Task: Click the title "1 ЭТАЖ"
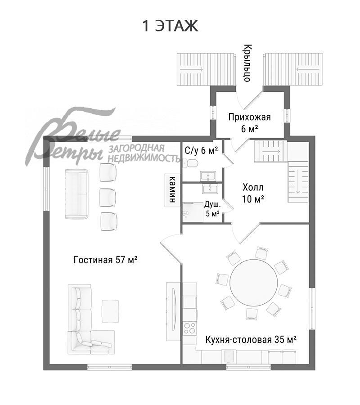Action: coord(171,26)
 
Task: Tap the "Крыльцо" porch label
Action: coord(247,63)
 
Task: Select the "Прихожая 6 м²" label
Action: coord(249,123)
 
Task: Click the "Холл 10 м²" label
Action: coord(253,193)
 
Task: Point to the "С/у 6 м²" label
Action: coord(201,150)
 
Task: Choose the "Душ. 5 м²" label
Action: coord(212,209)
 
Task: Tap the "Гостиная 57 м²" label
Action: coord(105,260)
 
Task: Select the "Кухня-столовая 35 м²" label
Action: coord(251,339)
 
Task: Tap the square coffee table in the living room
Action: coord(111,311)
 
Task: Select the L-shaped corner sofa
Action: coord(85,324)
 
